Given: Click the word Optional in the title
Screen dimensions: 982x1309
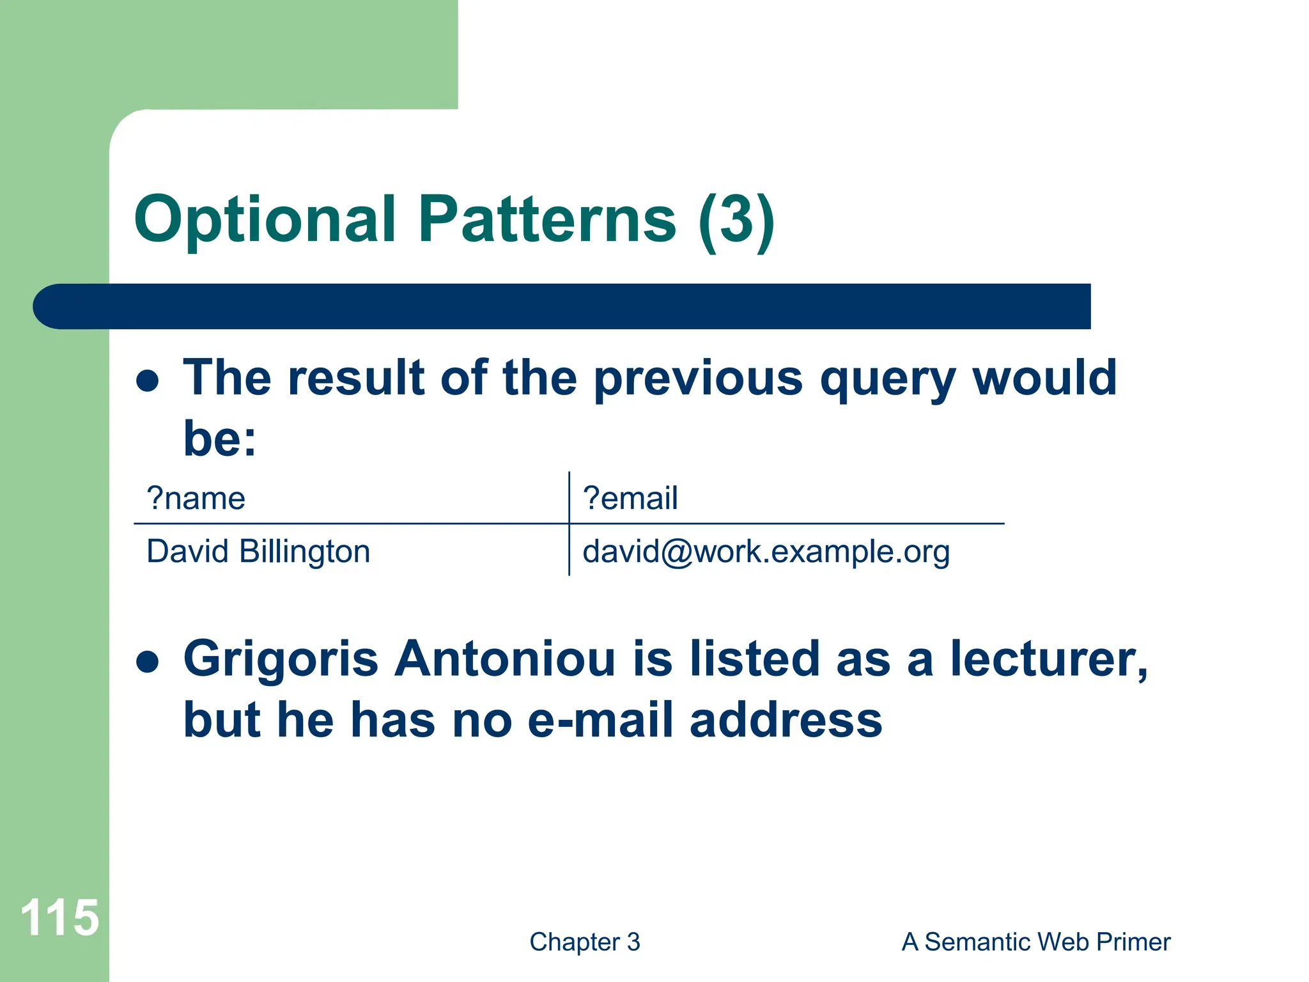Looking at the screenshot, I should (265, 221).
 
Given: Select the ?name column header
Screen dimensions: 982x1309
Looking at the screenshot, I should (196, 498).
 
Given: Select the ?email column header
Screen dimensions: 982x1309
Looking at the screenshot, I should (630, 498).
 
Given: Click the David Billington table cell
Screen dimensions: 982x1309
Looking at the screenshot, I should (258, 551).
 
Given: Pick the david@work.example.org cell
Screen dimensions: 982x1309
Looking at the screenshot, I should (766, 551).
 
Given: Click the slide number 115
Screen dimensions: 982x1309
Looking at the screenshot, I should (59, 917).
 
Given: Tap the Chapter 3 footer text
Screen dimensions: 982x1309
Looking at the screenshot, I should (584, 942).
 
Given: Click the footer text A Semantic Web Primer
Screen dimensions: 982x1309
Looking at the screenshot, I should (1035, 942).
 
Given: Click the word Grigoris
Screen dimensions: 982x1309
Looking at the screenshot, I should (281, 660).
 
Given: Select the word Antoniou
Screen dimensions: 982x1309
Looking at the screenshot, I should (505, 659).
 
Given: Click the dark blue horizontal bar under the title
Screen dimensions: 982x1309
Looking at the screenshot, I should (562, 306).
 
